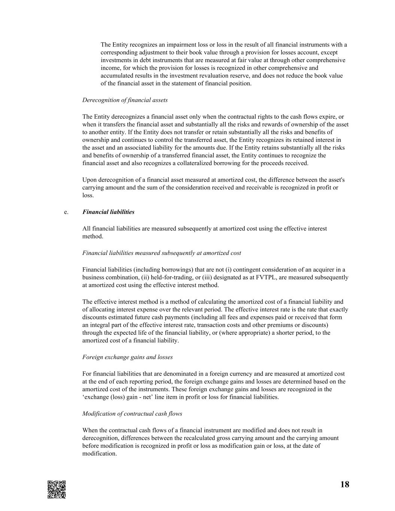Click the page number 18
(x=344, y=485)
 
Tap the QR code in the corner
(x=57, y=489)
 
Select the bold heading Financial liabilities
(x=108, y=212)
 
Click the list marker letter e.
(x=66, y=212)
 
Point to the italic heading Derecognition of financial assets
(x=125, y=100)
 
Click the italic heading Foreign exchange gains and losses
(x=127, y=357)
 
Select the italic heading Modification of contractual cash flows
(x=132, y=414)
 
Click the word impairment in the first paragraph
(x=173, y=45)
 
